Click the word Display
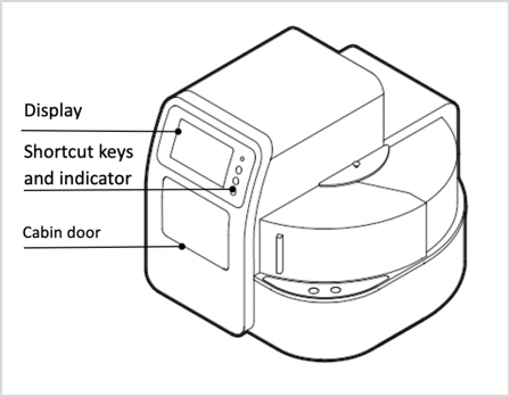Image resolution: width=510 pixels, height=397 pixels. click(x=52, y=110)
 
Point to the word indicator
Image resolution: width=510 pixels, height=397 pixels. click(x=97, y=178)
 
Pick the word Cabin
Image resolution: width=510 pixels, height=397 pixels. click(x=41, y=232)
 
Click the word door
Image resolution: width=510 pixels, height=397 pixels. click(x=83, y=232)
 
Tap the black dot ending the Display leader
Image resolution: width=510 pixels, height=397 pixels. click(x=179, y=131)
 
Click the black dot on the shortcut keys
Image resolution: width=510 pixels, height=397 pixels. click(x=233, y=188)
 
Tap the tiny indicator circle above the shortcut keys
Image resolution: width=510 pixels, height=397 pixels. click(x=242, y=159)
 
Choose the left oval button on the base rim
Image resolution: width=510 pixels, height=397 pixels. click(x=312, y=291)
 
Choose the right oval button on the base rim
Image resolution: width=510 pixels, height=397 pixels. click(x=336, y=290)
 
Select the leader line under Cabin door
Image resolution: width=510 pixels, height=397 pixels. click(x=102, y=246)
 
